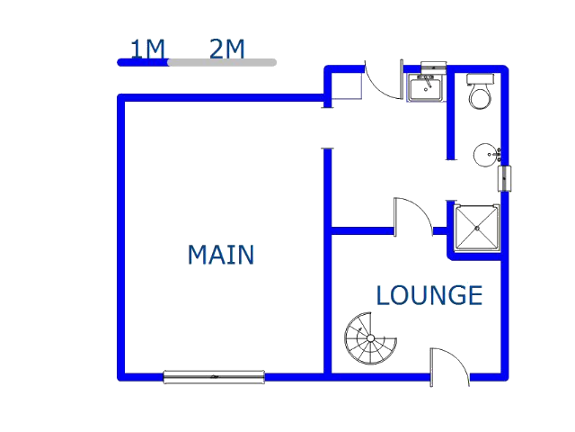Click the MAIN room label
221,255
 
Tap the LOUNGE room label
429,295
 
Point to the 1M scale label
147,49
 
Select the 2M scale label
226,49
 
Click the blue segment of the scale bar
143,62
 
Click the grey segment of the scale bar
223,62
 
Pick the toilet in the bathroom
481,92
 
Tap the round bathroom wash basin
486,155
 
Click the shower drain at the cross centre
477,229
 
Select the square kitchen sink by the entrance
426,87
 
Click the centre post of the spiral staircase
370,338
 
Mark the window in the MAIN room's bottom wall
214,377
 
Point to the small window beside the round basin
504,179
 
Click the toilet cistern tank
481,79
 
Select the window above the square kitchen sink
434,67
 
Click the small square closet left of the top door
347,86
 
